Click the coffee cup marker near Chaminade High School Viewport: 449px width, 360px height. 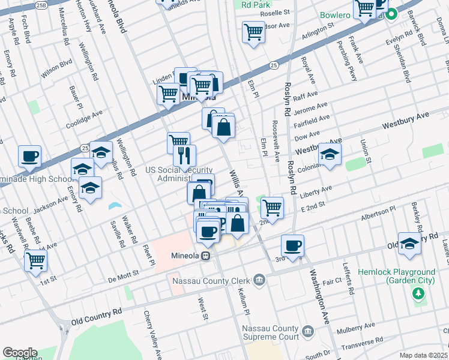pos(29,157)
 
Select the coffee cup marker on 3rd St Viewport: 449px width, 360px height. pos(292,246)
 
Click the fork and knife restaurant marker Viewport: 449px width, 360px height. pos(184,156)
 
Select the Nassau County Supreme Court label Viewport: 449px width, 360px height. pos(270,332)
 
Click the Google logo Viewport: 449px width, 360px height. pos(19,353)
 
